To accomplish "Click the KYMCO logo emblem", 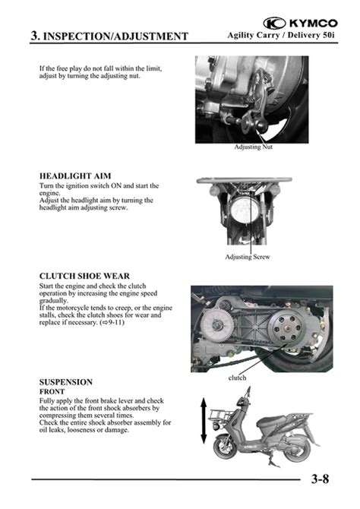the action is pos(274,23).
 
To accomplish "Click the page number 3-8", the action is pos(320,479).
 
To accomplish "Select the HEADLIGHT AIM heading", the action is pos(75,176).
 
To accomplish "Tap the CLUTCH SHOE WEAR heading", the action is pos(84,276).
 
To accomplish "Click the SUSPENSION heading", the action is pos(66,381).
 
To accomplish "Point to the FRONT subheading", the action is pos(52,391).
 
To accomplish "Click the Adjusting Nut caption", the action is pos(253,147).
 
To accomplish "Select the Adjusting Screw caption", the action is pos(248,257).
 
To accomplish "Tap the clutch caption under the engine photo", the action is pos(237,378).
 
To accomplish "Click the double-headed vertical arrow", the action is pos(204,420).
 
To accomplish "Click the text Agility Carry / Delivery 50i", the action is pos(281,35).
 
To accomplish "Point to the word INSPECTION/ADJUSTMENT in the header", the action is pos(115,36).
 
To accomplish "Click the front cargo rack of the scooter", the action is pos(221,416).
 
